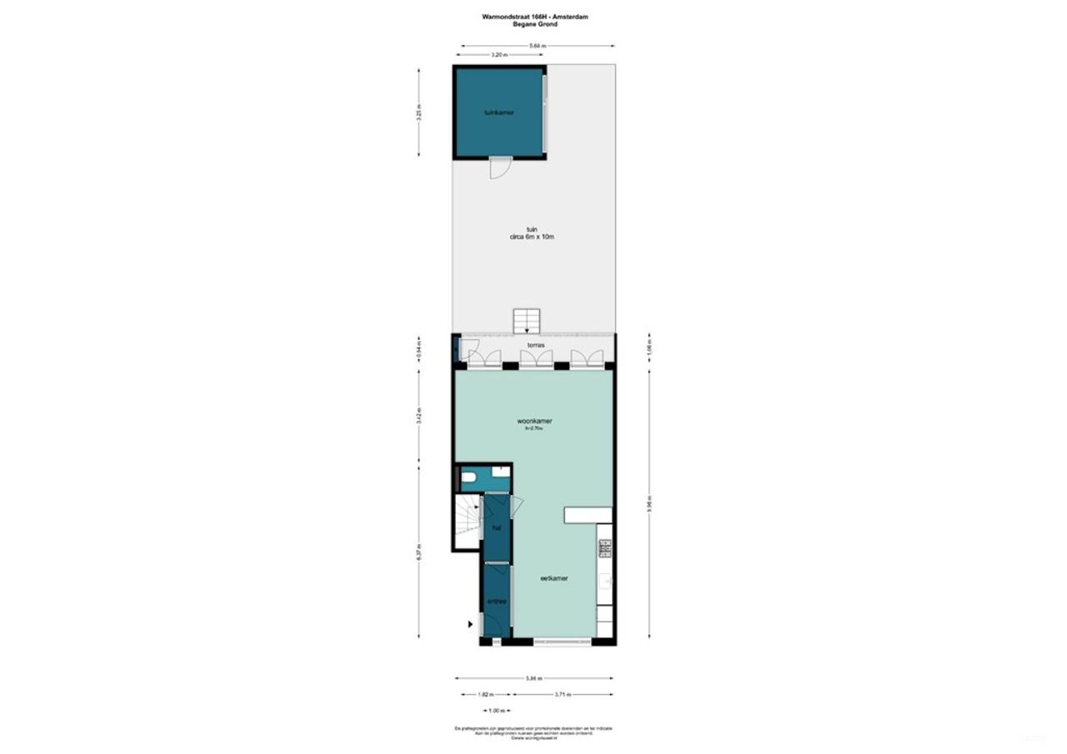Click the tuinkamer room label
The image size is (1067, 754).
(x=498, y=112)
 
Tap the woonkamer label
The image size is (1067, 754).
(x=534, y=422)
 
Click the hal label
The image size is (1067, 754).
(x=497, y=528)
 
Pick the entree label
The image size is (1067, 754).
(x=497, y=601)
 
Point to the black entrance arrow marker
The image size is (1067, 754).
(x=471, y=623)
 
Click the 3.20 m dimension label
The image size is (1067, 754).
(x=498, y=55)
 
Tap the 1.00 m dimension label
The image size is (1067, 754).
(x=497, y=711)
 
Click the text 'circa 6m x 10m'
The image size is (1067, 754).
(x=532, y=237)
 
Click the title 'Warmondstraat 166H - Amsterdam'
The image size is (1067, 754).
(x=533, y=16)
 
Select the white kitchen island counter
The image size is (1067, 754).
(x=589, y=515)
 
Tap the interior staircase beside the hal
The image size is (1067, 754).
(x=468, y=522)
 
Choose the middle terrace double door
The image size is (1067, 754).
(x=536, y=359)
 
